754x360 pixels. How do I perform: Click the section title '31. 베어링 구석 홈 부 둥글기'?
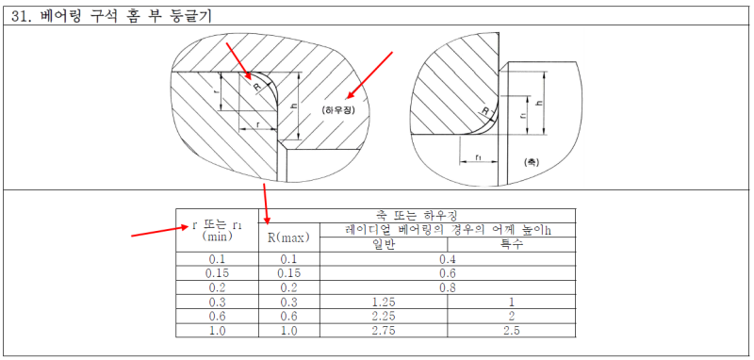point(111,16)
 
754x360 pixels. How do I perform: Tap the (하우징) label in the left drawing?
point(339,110)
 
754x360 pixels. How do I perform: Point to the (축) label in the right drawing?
point(532,162)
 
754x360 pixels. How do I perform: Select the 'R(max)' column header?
point(289,237)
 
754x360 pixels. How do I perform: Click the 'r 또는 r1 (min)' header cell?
point(217,230)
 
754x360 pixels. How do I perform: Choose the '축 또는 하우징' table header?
point(417,214)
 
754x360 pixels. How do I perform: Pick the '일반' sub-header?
point(384,245)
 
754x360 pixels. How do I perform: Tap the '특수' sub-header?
point(511,245)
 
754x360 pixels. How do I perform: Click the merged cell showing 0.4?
point(448,259)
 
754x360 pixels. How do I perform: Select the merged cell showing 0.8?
point(448,287)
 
